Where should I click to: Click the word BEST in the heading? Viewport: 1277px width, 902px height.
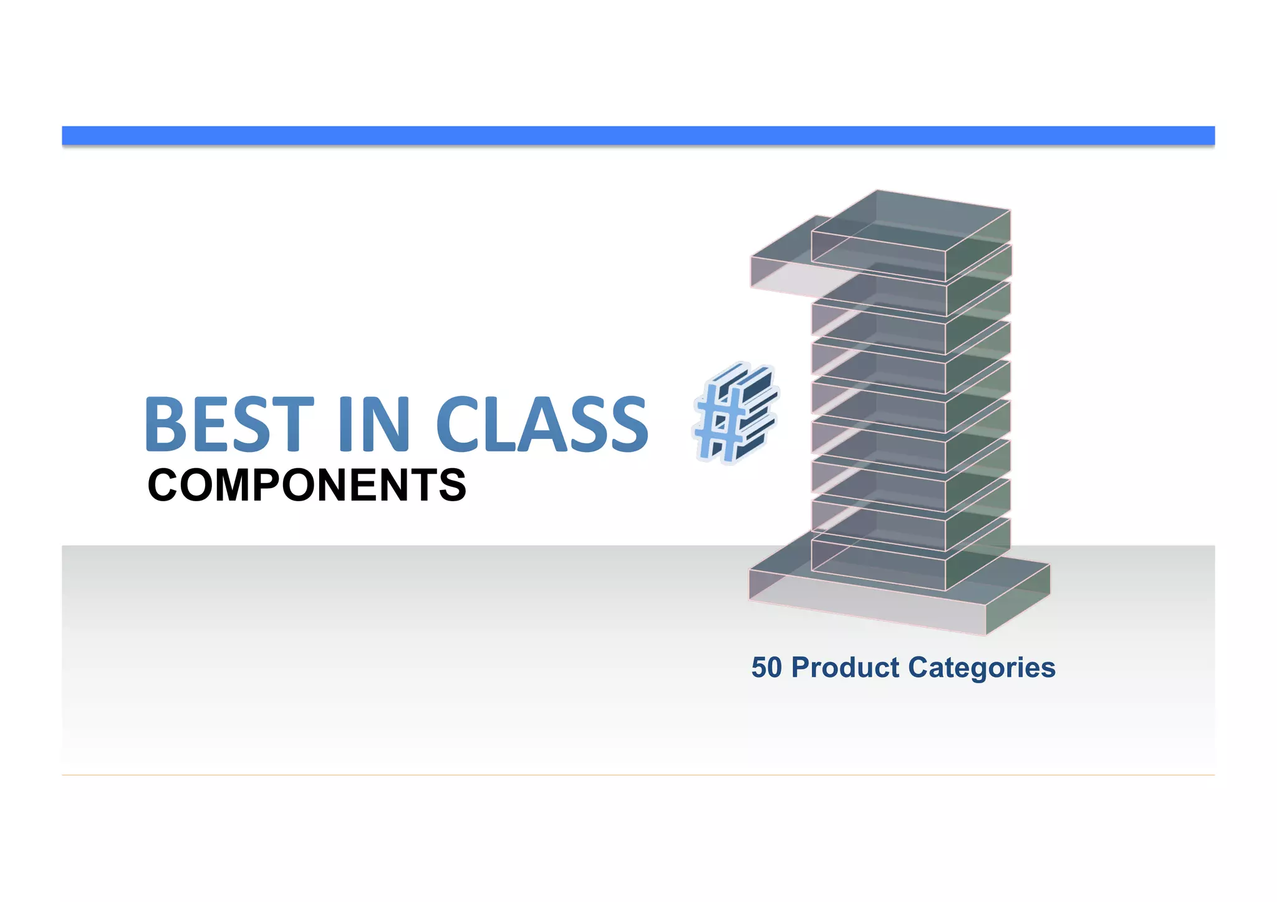228,424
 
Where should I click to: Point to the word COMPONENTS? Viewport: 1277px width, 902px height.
307,485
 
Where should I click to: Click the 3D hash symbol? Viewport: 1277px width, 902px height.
736,413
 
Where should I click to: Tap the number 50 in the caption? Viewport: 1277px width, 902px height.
766,667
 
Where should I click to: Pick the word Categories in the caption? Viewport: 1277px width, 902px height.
981,667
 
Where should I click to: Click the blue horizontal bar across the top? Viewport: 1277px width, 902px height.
638,135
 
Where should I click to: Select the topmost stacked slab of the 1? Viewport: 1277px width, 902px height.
910,231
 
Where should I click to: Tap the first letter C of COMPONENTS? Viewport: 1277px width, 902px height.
164,485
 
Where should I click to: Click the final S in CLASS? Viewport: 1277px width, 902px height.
627,424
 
